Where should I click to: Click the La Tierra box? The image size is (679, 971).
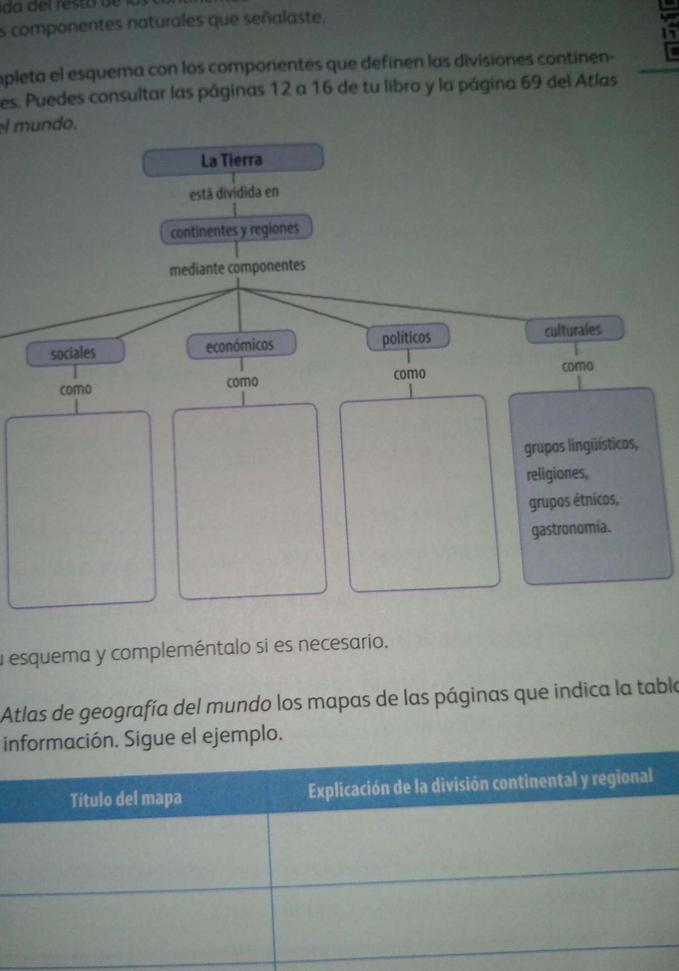(x=233, y=159)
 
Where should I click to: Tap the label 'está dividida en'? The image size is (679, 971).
(x=234, y=192)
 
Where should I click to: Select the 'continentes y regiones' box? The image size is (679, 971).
(x=235, y=230)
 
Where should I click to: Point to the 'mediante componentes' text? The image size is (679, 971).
(x=237, y=267)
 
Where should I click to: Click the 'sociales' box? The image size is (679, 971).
(x=74, y=352)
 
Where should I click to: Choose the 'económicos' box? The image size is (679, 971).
(x=240, y=345)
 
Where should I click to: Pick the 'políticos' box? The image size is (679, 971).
(x=407, y=338)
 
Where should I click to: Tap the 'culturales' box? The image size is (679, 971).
(x=573, y=330)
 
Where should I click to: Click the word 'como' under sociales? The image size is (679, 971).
(x=76, y=389)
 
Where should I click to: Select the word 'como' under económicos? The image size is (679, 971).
(x=243, y=382)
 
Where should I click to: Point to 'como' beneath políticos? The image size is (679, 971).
(x=409, y=373)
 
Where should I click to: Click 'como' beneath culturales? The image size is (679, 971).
(x=577, y=366)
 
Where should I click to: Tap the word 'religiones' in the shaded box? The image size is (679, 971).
(x=557, y=473)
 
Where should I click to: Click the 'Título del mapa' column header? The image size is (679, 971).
(x=125, y=798)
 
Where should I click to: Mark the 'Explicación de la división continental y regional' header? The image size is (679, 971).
(x=480, y=784)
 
